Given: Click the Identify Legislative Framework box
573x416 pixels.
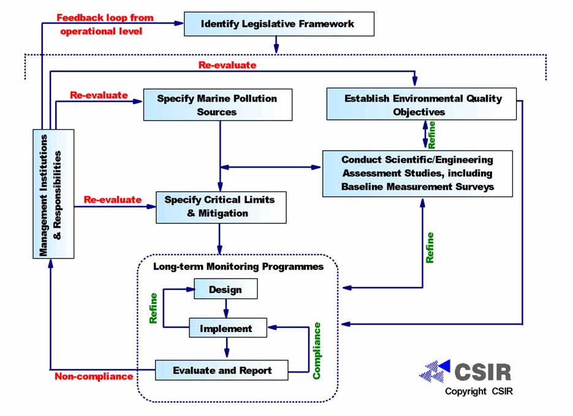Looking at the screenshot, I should (278, 24).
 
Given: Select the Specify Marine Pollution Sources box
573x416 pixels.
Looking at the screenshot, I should (217, 105).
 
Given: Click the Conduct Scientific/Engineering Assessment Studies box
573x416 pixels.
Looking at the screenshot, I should (417, 173).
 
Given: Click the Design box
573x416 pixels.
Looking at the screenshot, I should (226, 289).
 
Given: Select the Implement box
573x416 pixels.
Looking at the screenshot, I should (226, 329).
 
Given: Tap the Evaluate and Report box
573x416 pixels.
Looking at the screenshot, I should (221, 370).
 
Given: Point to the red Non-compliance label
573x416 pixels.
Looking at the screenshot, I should (94, 376).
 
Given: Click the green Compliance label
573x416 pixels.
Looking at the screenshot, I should (317, 351).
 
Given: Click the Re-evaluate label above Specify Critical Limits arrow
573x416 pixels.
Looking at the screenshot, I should (112, 199).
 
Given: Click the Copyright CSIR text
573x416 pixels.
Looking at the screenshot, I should (479, 391).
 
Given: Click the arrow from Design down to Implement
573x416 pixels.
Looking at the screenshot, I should (226, 309).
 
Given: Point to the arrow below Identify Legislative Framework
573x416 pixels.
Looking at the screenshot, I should (276, 44).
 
